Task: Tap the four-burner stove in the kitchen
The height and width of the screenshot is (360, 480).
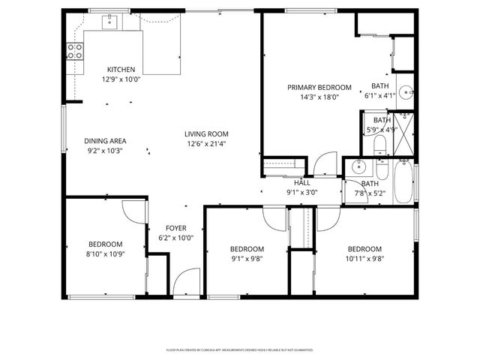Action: tap(75, 51)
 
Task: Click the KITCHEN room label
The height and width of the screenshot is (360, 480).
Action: tap(121, 69)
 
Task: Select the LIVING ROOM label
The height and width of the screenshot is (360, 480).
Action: tap(206, 134)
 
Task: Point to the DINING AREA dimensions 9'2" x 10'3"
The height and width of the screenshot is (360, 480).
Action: tap(103, 150)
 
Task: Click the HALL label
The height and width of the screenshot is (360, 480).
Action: tap(302, 183)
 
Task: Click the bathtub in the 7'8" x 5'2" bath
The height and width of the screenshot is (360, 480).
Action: tap(403, 184)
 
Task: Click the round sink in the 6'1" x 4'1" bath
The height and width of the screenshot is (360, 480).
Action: tap(405, 93)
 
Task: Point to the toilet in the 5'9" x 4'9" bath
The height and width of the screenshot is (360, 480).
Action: tap(379, 143)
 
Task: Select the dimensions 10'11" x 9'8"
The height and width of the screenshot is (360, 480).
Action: tap(364, 259)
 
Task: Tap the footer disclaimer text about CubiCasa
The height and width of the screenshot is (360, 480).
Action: tap(239, 349)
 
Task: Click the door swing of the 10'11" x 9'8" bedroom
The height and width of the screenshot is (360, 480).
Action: tap(328, 219)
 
